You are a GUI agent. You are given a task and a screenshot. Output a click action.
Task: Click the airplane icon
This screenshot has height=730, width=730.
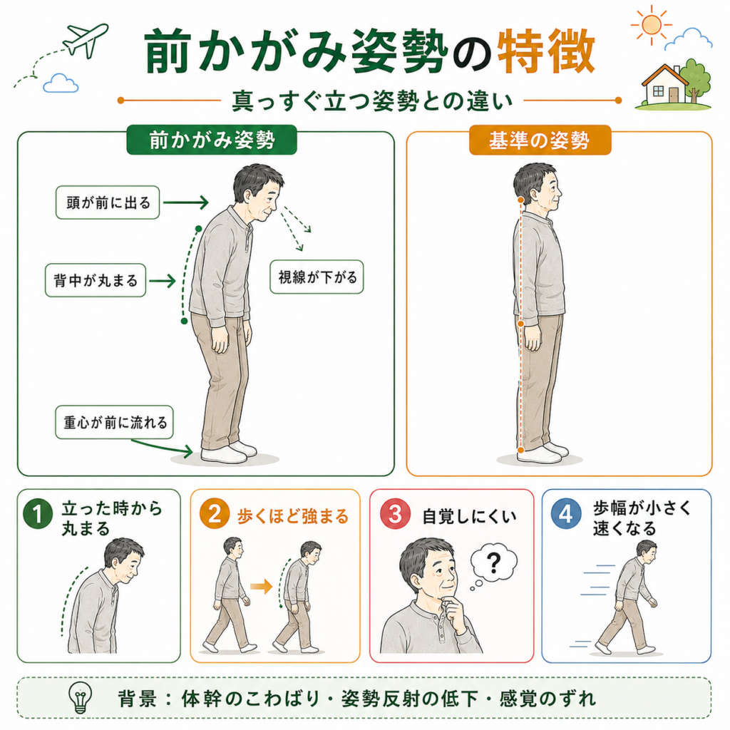(86, 40)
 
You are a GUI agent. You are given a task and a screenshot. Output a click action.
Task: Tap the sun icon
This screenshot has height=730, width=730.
(651, 25)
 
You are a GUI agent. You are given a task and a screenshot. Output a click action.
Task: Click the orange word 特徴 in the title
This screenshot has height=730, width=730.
(546, 51)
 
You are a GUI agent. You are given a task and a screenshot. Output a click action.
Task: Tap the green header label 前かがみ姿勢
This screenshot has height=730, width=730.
(212, 140)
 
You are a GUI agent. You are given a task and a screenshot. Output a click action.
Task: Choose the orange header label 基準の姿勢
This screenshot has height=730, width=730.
(540, 140)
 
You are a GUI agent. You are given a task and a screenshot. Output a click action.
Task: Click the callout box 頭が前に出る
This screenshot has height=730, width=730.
(108, 202)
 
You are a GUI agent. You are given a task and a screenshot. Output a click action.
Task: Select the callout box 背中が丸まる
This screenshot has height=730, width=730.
(96, 280)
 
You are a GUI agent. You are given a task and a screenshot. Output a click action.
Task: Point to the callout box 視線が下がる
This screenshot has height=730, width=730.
(317, 277)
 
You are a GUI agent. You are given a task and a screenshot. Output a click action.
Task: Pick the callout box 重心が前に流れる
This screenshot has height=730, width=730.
(115, 422)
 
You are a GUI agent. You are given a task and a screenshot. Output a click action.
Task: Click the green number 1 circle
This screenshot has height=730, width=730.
(37, 513)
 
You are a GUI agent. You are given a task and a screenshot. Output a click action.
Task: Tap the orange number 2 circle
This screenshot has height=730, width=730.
(214, 513)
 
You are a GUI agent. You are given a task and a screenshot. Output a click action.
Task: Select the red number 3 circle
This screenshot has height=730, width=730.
(395, 513)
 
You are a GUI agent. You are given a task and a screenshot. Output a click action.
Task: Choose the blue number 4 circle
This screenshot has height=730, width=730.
(565, 513)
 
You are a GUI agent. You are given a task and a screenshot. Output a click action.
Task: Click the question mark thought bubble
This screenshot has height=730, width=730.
(493, 565)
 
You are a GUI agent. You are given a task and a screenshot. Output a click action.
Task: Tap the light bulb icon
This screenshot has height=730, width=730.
(80, 697)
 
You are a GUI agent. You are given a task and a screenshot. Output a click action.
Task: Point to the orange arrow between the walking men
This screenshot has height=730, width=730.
(261, 586)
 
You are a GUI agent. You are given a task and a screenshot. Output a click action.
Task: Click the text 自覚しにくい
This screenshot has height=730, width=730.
(469, 516)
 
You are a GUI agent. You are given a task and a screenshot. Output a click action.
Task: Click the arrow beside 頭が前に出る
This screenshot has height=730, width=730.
(186, 202)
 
